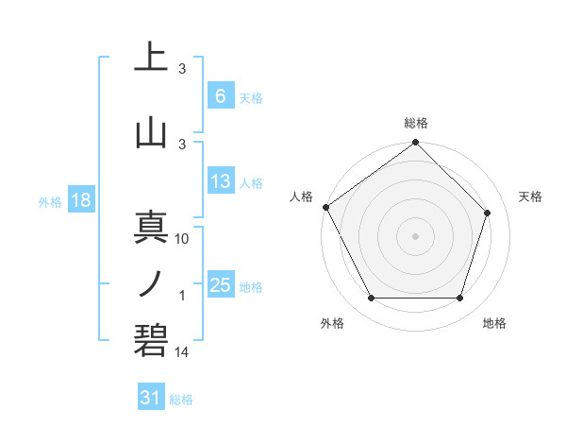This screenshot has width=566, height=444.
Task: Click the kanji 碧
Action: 151,340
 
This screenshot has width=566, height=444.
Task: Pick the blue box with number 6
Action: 220,95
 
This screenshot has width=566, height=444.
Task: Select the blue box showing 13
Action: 220,181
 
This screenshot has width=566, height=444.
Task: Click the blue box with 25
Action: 220,285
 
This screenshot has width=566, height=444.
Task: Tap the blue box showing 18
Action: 80,200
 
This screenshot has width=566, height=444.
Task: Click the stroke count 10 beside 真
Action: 183,239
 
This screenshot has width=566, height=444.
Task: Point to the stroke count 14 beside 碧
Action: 183,351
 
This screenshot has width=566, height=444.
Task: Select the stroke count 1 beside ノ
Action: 182,296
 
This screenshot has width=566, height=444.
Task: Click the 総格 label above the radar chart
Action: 416,123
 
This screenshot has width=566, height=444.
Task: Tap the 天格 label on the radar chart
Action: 531,196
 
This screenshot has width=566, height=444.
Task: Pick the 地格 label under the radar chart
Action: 494,323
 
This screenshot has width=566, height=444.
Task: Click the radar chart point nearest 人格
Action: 325,207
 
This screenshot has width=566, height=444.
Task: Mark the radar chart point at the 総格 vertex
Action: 416,144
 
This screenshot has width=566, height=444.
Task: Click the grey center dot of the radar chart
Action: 416,235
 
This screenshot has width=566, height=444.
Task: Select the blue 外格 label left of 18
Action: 50,201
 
